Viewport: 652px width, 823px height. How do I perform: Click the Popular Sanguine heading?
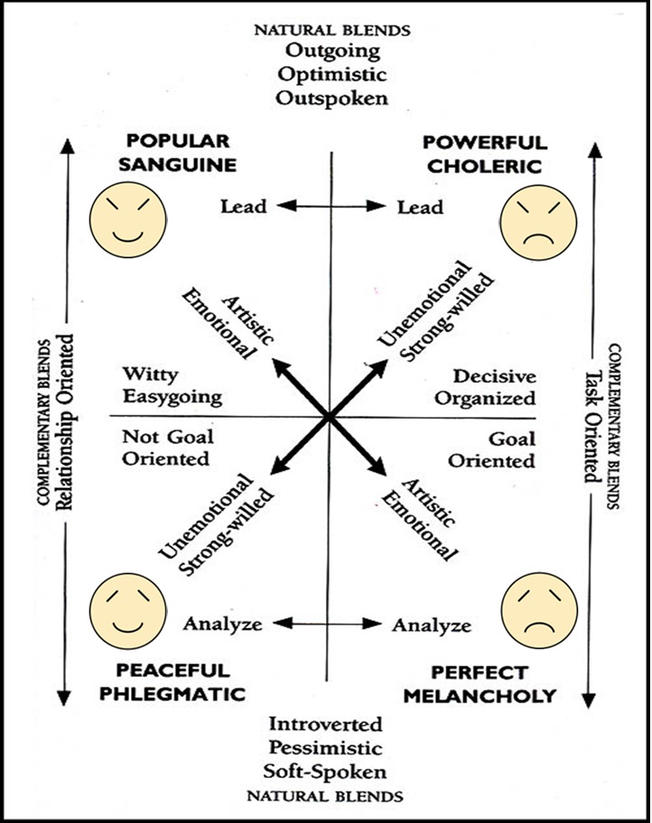[x=178, y=153]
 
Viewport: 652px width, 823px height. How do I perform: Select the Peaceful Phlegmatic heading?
[x=180, y=682]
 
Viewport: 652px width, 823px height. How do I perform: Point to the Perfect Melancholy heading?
[x=479, y=684]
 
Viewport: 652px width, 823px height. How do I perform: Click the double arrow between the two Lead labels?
[x=331, y=207]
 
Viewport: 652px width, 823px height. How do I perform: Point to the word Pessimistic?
[x=326, y=748]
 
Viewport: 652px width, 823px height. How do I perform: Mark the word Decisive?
[x=494, y=375]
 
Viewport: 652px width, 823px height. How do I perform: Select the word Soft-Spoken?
[x=326, y=772]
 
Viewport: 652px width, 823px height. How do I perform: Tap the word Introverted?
[x=326, y=725]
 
